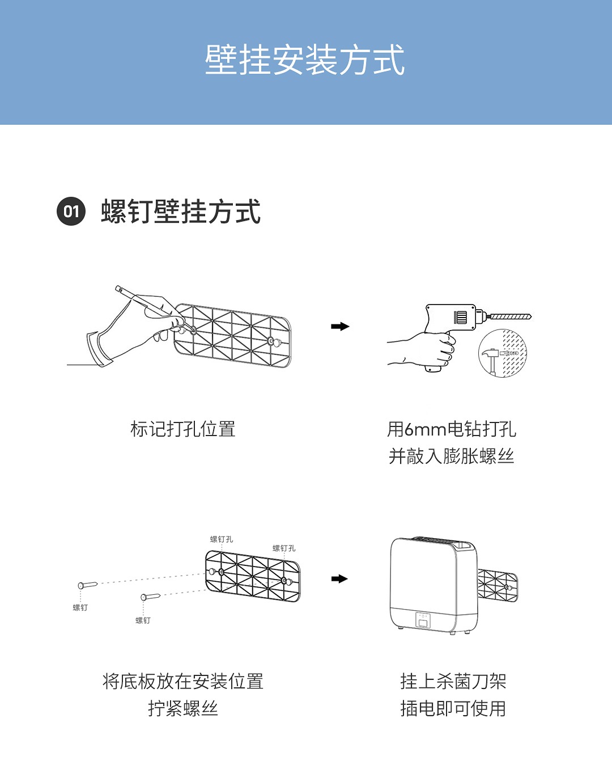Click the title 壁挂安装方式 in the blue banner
coord(305,60)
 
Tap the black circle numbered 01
coord(71,212)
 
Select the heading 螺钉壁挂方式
coord(181,212)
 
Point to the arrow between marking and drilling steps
coord(340,326)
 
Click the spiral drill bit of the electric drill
coord(511,316)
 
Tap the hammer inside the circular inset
coord(491,357)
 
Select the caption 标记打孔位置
coord(182,429)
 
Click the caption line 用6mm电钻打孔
coord(452,429)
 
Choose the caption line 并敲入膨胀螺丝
coord(452,456)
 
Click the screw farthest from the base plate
coord(88,585)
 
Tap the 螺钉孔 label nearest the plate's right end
coord(284,548)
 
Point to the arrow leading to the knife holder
coord(339,578)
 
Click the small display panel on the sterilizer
coord(423,620)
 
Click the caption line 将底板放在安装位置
coord(182,681)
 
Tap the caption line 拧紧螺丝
coord(182,708)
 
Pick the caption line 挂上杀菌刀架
coord(453,681)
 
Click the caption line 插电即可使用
coord(453,708)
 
